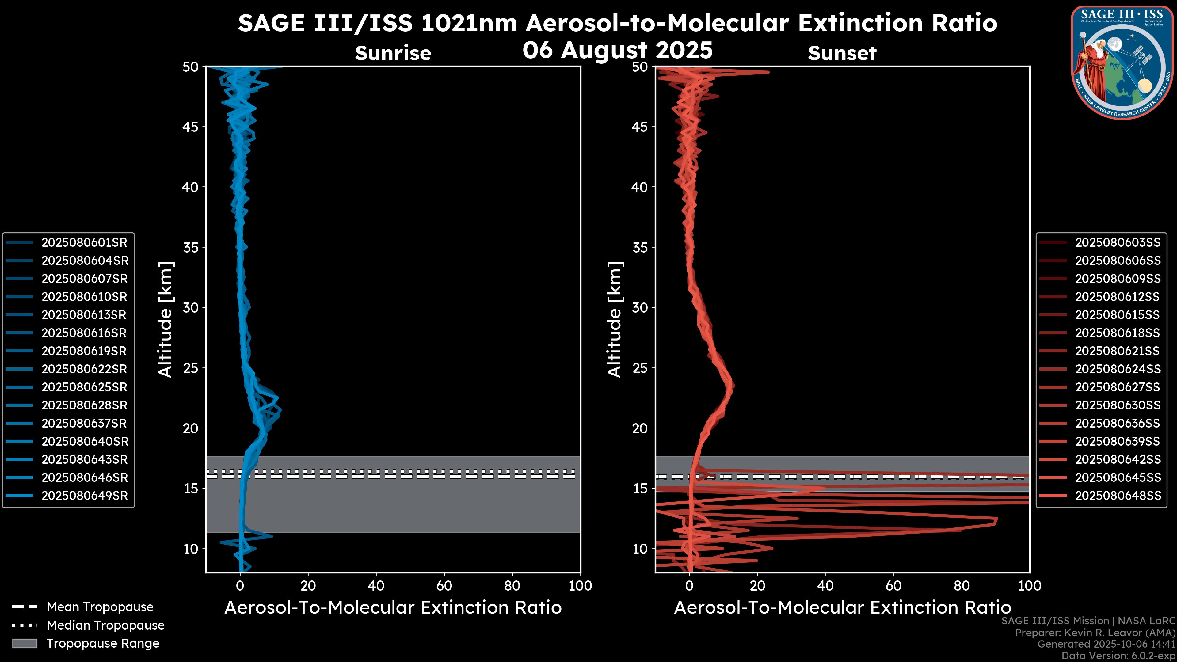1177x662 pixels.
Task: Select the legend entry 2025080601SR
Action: point(84,243)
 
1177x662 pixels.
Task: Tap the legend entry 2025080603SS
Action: point(1118,243)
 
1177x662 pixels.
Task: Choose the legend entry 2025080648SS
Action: point(1118,496)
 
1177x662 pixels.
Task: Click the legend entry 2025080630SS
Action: point(1118,405)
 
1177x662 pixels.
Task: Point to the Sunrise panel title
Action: point(393,53)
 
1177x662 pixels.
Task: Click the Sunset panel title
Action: point(842,53)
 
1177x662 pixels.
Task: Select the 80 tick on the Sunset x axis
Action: point(962,586)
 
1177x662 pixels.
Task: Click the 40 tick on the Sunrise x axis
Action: point(376,586)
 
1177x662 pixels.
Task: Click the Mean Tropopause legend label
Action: point(100,607)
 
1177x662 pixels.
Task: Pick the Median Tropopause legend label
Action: point(105,626)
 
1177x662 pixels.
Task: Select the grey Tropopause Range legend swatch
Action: point(25,644)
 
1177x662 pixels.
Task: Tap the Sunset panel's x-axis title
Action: point(842,608)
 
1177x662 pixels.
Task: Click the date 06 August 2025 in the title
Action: point(617,50)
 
